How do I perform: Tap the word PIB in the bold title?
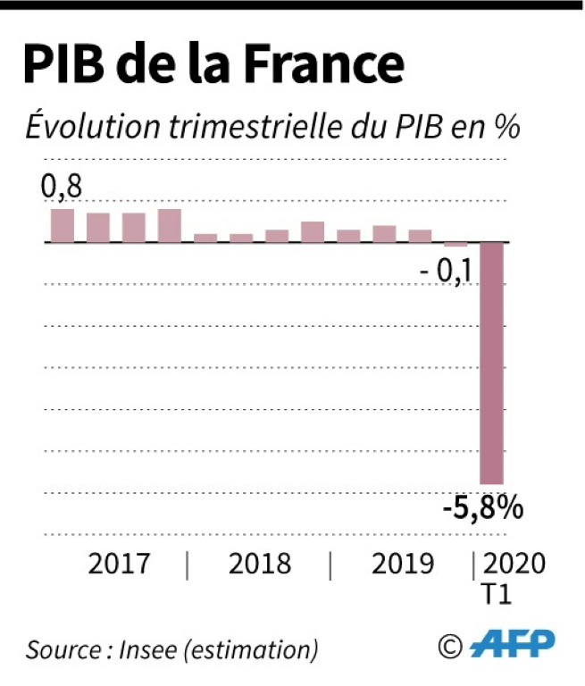pos(63,65)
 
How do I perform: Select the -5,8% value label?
pos(481,510)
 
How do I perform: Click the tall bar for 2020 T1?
pos(492,362)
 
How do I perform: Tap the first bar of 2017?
pos(63,225)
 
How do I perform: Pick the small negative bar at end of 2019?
pos(455,244)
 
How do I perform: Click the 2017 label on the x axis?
pos(120,564)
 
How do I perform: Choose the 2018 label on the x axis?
pos(260,564)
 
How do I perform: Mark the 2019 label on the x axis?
pos(402,564)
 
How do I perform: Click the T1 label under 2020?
pos(499,594)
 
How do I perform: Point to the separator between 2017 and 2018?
pos(188,565)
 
